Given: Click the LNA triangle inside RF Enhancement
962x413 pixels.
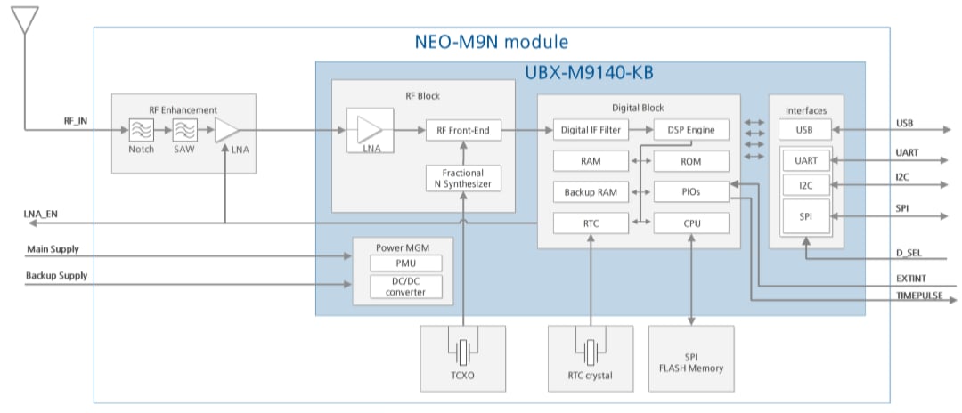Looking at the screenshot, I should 225,130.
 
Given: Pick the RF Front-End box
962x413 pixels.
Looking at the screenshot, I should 463,130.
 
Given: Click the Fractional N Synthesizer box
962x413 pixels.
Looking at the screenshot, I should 463,179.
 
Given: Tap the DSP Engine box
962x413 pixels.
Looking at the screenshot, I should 691,130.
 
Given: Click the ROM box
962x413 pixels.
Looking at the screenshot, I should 691,161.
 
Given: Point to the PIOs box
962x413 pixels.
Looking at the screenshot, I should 691,191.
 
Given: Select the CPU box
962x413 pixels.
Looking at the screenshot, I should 691,223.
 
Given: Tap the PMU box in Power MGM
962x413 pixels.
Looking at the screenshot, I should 405,264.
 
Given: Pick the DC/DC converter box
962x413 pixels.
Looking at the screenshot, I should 405,287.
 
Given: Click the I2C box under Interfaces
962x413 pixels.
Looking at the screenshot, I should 805,185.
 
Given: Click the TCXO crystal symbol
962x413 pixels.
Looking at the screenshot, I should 462,352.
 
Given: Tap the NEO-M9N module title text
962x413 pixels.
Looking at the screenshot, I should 492,42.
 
